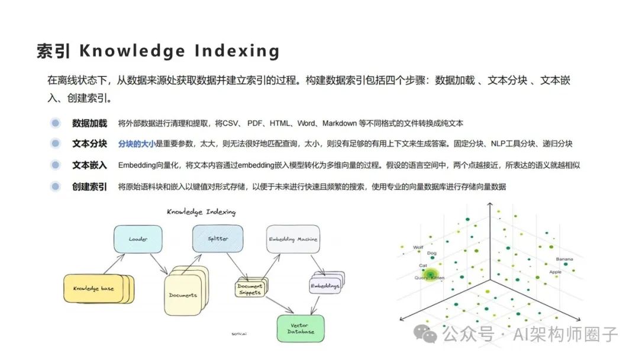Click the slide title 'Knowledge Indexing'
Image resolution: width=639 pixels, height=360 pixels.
coord(158,51)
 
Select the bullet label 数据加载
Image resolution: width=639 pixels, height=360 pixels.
coord(89,123)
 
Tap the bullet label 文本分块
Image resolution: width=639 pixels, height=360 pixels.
coord(89,144)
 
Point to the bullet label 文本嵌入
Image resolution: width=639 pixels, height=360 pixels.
coord(89,165)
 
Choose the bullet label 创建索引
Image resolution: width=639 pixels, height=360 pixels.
coord(89,187)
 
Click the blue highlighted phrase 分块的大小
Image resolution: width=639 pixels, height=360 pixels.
coord(136,144)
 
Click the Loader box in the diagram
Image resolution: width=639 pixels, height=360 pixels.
coord(137,239)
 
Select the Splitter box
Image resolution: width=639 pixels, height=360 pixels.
coord(217,239)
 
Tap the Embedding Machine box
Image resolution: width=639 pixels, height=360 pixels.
coord(293,239)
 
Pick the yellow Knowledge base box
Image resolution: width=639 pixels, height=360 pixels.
coord(95,288)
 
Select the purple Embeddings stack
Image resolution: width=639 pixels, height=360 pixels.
coord(325,285)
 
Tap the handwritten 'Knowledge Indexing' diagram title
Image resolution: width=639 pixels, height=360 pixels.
coord(201,211)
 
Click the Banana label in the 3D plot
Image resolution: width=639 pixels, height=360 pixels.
coord(564,259)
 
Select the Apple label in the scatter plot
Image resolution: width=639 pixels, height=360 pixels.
coord(555,272)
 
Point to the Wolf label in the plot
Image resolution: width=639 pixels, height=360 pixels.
coord(418,247)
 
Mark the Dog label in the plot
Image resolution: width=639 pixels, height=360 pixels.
coord(431,253)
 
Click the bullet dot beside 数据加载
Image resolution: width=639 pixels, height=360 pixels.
coord(56,123)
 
